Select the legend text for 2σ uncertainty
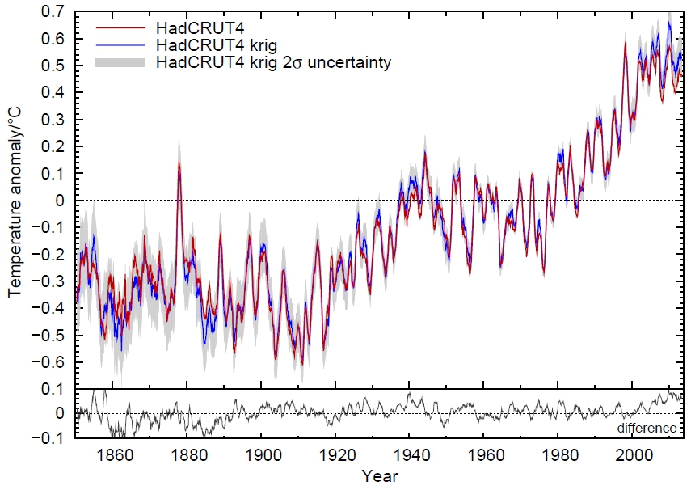coord(275,62)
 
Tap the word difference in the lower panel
coord(647,428)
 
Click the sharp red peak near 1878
coord(179,162)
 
